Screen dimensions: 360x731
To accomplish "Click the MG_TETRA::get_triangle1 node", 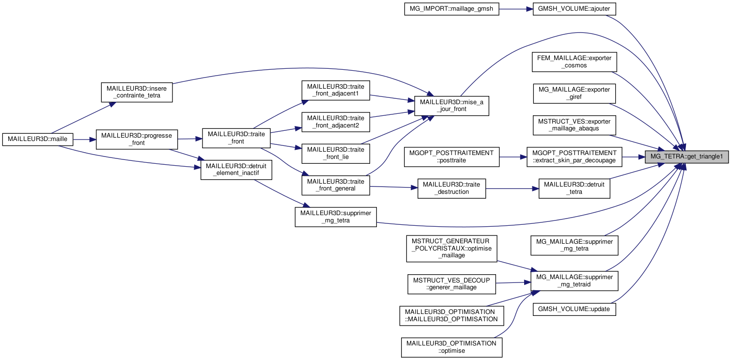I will point(686,157).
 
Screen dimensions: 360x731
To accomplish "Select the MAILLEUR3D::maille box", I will point(38,139).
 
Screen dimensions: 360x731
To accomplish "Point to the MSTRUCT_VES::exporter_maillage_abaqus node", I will point(574,125).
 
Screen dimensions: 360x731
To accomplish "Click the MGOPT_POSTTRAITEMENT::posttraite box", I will point(451,157).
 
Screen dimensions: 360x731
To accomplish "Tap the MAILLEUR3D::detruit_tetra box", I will point(574,188).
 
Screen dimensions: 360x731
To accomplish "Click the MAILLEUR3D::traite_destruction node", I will point(451,188).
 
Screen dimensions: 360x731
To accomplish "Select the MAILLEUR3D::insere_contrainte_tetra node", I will point(137,92).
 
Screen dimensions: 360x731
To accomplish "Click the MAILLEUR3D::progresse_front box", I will point(137,139).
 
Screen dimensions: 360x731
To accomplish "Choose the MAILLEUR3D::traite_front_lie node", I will point(336,153).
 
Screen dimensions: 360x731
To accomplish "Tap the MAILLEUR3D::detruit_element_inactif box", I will point(236,170).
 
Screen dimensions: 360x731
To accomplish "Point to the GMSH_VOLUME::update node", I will point(574,309).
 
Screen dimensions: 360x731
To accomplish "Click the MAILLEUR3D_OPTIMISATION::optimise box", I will point(451,347).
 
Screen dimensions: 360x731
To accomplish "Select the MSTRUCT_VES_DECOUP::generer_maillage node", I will point(451,283).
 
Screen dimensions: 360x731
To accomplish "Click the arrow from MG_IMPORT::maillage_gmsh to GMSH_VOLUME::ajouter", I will point(515,9).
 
